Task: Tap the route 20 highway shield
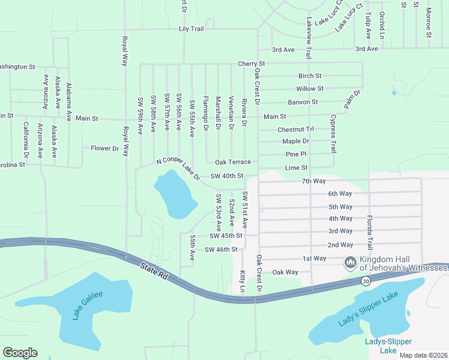[366, 280]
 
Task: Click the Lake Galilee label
[88, 305]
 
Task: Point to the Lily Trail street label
[191, 29]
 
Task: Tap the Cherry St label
[251, 64]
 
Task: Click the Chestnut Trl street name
[295, 130]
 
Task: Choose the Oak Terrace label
[233, 162]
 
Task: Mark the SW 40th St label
[227, 176]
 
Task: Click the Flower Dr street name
[105, 148]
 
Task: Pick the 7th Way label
[313, 181]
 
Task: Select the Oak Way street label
[285, 272]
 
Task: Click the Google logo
[20, 353]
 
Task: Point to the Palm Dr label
[352, 99]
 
